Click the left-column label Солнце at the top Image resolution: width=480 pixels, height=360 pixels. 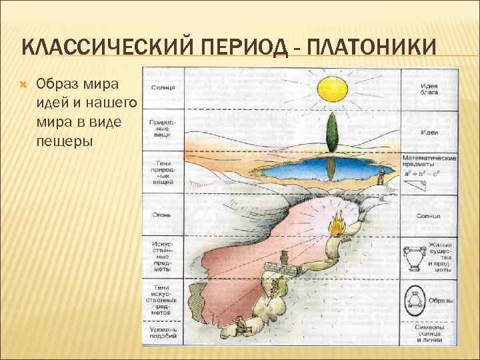pyautogui.click(x=163, y=87)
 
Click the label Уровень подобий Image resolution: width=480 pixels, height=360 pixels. pyautogui.click(x=163, y=333)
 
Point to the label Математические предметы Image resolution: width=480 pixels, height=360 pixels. pyautogui.click(x=429, y=161)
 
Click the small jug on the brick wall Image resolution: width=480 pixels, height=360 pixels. pyautogui.click(x=285, y=258)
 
